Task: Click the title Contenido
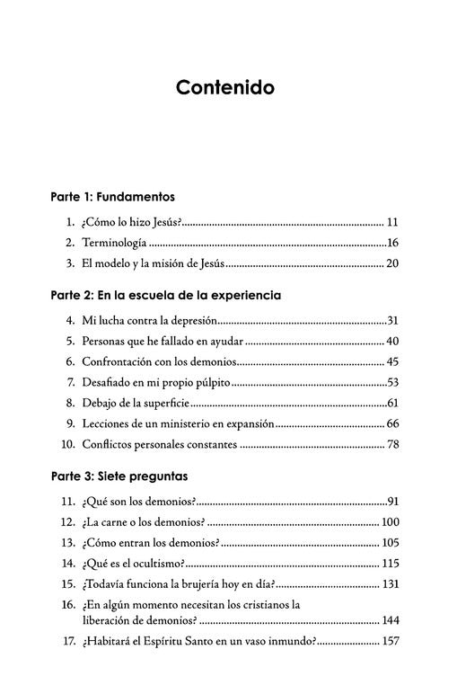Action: (225, 88)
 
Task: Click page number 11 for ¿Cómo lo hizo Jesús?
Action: (392, 221)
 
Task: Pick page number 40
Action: (392, 342)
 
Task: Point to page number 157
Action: (389, 641)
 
